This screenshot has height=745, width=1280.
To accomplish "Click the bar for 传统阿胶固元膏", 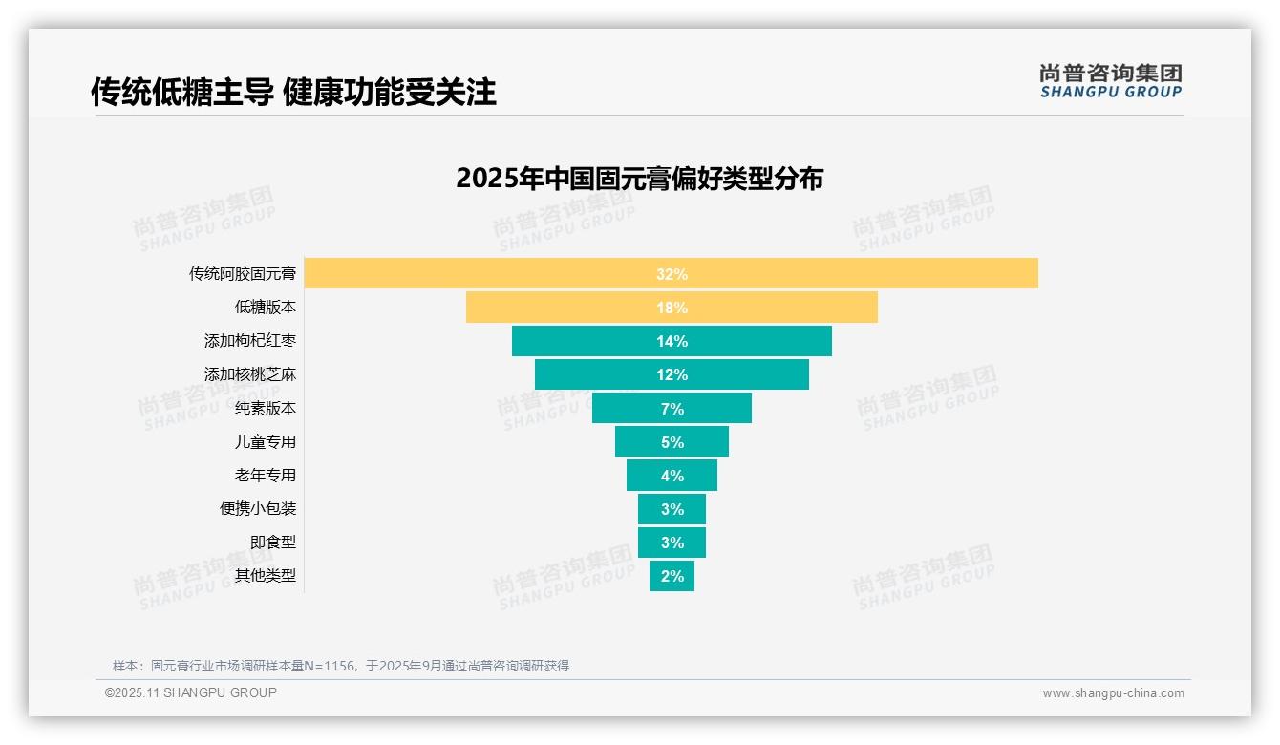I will point(671,273).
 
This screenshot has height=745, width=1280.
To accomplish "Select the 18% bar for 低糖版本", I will point(671,308).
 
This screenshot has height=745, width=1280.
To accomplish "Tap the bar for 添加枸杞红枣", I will point(671,341).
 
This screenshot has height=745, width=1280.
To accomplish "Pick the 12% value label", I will point(672,374).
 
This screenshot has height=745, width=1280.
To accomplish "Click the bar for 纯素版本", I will point(671,408).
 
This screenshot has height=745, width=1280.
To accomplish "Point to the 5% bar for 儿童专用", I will point(671,441).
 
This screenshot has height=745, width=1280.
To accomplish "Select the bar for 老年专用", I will point(671,475).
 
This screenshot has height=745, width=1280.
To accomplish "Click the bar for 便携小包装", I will point(671,508).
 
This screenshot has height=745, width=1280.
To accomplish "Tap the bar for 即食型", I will point(671,542).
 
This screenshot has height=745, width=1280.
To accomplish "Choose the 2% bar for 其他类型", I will point(671,576).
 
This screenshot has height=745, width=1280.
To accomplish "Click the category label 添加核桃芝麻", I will point(250,374).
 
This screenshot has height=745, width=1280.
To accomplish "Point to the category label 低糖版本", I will point(266,308).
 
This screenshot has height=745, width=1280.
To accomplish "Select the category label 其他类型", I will point(266,576).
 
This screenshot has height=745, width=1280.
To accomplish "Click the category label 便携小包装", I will point(258,508).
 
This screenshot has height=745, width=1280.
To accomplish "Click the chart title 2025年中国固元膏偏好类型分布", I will point(639,179).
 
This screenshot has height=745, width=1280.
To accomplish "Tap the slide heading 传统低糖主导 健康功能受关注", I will point(293,92).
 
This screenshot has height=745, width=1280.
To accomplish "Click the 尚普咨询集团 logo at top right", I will point(1110,81).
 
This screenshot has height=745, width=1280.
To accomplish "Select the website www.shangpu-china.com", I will point(1113,693).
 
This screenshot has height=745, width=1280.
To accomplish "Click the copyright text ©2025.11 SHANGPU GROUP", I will point(191,692).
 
